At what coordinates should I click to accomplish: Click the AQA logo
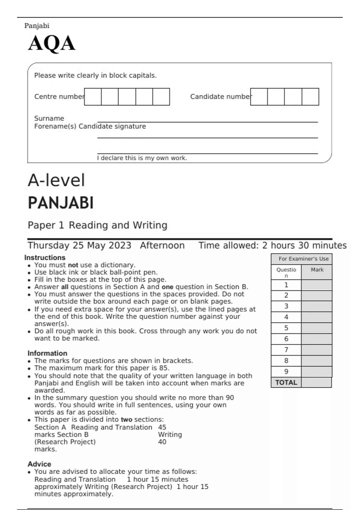point(52,43)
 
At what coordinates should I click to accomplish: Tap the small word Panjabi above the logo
point(37,26)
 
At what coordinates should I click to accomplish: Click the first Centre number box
point(93,97)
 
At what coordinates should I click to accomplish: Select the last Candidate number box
point(310,97)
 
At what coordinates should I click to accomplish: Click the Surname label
point(49,118)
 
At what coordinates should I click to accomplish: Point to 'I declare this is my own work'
point(142,158)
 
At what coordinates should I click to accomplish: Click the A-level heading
point(56,180)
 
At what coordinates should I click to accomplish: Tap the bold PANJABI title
point(61,203)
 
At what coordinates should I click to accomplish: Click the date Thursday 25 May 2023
point(79,245)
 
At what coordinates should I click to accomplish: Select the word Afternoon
point(162,245)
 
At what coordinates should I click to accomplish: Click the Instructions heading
point(45,258)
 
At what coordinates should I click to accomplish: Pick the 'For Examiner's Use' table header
point(303,259)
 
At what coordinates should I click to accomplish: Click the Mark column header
point(317,270)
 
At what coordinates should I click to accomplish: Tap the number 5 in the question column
point(286,328)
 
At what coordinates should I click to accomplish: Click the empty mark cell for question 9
point(316,372)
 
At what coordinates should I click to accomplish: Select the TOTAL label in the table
point(286,382)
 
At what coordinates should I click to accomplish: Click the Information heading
point(47,353)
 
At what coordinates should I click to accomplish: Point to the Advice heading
point(39,464)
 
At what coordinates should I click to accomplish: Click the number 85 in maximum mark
point(164,368)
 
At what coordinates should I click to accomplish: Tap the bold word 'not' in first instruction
point(73,265)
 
